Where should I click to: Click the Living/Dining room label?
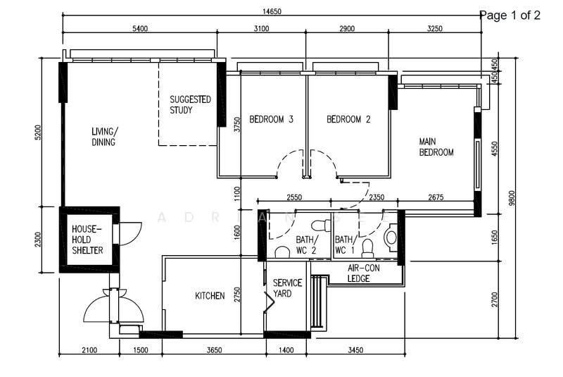103,137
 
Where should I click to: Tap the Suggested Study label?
190,104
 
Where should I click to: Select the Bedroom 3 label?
271,119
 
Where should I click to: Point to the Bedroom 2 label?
348,119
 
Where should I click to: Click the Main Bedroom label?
436,147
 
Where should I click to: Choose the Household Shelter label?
87,240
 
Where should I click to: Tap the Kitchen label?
210,296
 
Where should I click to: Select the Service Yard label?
287,288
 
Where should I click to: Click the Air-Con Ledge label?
363,273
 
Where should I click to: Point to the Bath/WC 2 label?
307,245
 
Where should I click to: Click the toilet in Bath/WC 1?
367,248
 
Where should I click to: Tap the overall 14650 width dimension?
272,11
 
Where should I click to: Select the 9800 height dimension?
512,198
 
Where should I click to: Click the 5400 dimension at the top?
140,29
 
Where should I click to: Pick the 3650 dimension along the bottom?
215,350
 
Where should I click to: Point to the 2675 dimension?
436,197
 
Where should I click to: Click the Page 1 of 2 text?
510,15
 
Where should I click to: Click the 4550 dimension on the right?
495,149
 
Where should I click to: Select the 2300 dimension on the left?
38,240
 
